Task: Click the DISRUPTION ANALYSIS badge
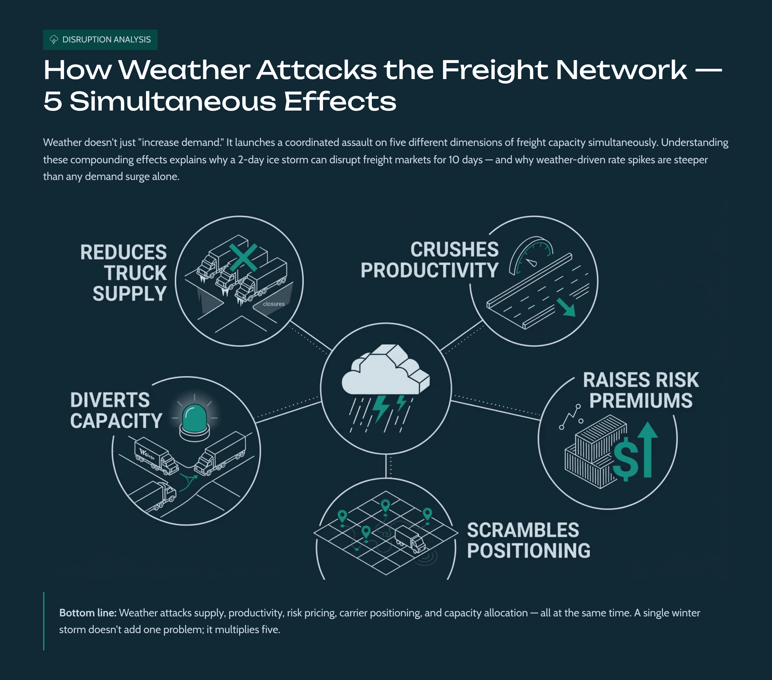[x=100, y=40]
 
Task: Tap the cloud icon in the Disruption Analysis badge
[x=54, y=39]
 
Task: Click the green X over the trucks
[x=243, y=258]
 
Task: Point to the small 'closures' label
[x=274, y=304]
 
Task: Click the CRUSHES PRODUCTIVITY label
[x=430, y=260]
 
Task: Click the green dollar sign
[x=625, y=458]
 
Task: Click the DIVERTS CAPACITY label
[x=115, y=411]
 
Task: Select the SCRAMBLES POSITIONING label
[x=528, y=541]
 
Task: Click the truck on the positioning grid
[x=410, y=539]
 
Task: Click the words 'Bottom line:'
[x=87, y=613]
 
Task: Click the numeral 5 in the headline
[x=52, y=102]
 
